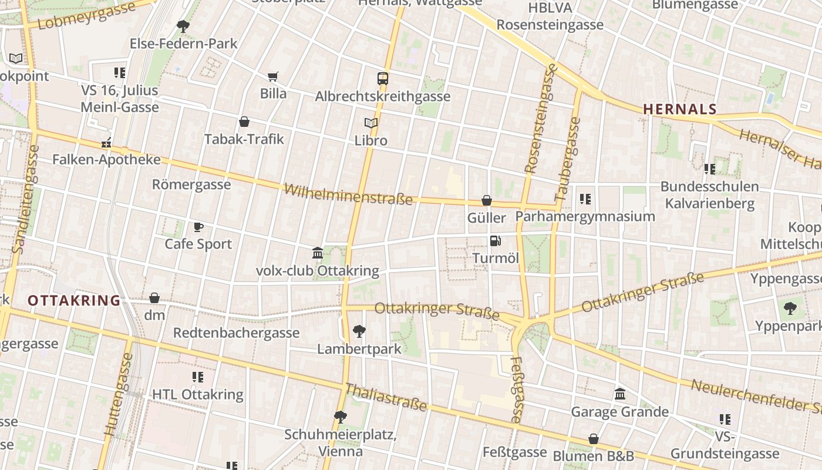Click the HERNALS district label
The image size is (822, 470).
tap(680, 109)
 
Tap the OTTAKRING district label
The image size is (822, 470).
tap(74, 301)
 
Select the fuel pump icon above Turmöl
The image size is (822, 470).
tap(495, 240)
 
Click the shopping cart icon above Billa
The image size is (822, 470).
tap(272, 76)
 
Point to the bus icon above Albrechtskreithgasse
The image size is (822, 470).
tap(383, 78)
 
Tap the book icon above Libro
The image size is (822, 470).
tap(370, 123)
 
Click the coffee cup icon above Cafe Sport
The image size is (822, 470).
tap(198, 227)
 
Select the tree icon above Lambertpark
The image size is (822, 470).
tap(359, 331)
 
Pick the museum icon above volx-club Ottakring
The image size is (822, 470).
tap(318, 253)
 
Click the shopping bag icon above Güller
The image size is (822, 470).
tap(487, 200)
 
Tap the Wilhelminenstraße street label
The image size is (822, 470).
tap(348, 194)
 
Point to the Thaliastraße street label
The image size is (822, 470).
tap(385, 398)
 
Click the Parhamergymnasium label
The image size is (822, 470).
tap(585, 216)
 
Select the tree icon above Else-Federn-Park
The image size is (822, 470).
tap(183, 26)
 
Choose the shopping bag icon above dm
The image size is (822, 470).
tap(154, 298)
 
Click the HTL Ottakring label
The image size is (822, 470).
tap(197, 394)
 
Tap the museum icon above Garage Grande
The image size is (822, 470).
tap(620, 394)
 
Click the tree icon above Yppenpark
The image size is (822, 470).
tap(790, 308)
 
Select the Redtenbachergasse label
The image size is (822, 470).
tap(236, 333)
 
